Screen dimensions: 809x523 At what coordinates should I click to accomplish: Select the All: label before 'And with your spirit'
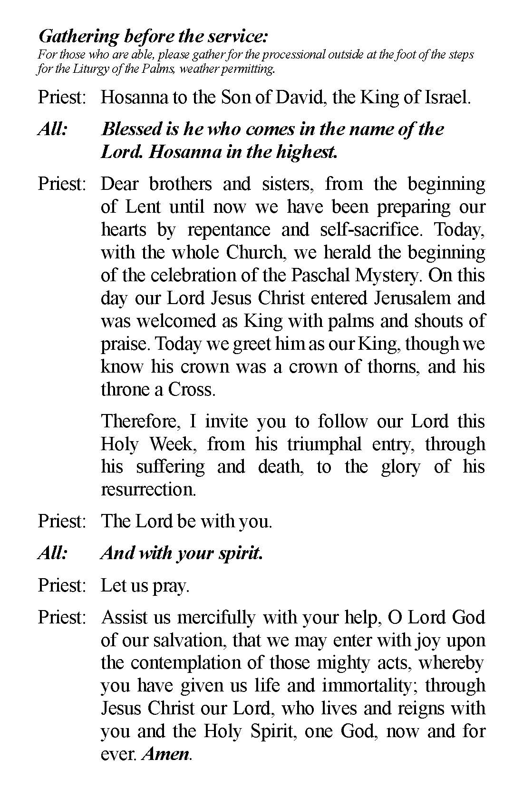[x=52, y=553]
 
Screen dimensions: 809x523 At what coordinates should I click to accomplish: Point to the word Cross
[x=192, y=390]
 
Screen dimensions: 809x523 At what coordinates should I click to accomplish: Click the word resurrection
[x=148, y=490]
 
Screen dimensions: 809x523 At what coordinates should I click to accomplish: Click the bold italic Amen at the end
[x=166, y=754]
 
